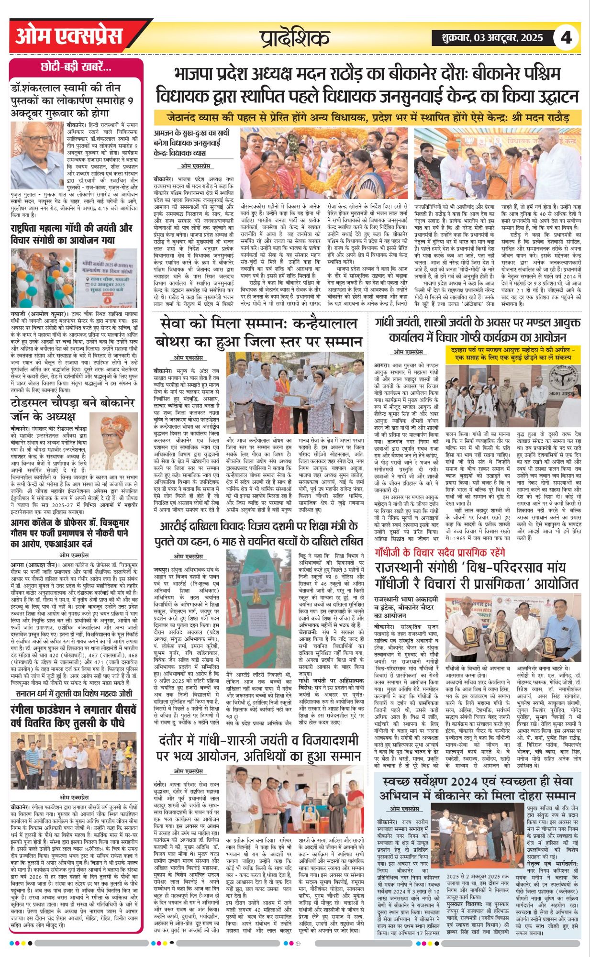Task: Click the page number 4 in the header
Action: (566, 37)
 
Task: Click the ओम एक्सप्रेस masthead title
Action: (69, 37)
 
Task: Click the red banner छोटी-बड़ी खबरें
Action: (76, 67)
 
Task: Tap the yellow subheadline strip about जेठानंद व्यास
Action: (367, 117)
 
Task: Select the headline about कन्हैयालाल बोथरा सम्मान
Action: (258, 333)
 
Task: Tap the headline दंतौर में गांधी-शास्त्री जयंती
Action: (258, 748)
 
